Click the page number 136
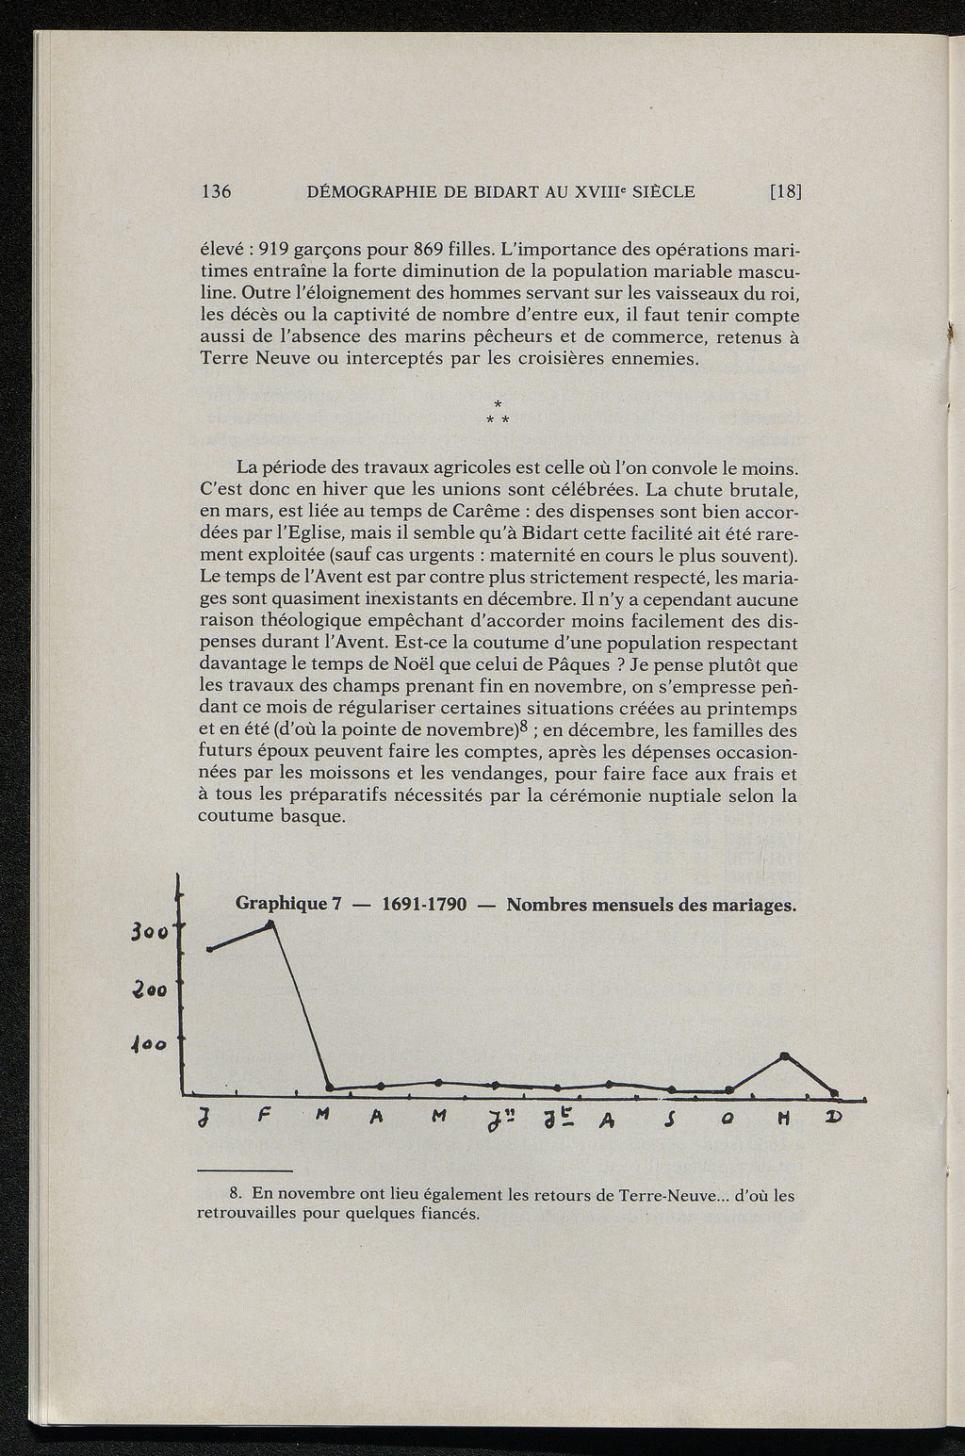pos(217,191)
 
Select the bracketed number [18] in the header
pos(785,191)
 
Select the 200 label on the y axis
pos(150,991)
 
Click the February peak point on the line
pos(272,924)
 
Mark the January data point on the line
pos(209,948)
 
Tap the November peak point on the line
pos(784,1055)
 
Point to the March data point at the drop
pos(329,1088)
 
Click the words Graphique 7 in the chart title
pos(287,904)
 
